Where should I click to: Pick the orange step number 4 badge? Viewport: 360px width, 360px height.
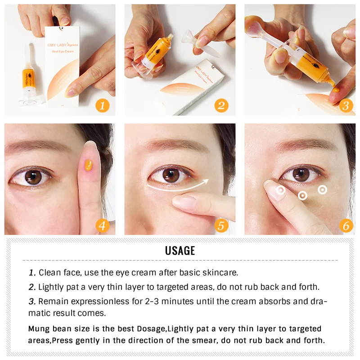103,225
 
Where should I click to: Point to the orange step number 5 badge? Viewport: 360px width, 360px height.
221,225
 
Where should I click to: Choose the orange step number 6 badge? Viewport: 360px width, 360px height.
345,225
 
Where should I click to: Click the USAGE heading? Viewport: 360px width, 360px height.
180,251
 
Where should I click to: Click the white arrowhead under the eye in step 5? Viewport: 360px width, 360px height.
206,181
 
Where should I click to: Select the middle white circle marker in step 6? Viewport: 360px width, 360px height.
303,195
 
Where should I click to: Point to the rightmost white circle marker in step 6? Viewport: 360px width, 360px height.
322,189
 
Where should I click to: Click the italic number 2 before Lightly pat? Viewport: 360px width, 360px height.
32,287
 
